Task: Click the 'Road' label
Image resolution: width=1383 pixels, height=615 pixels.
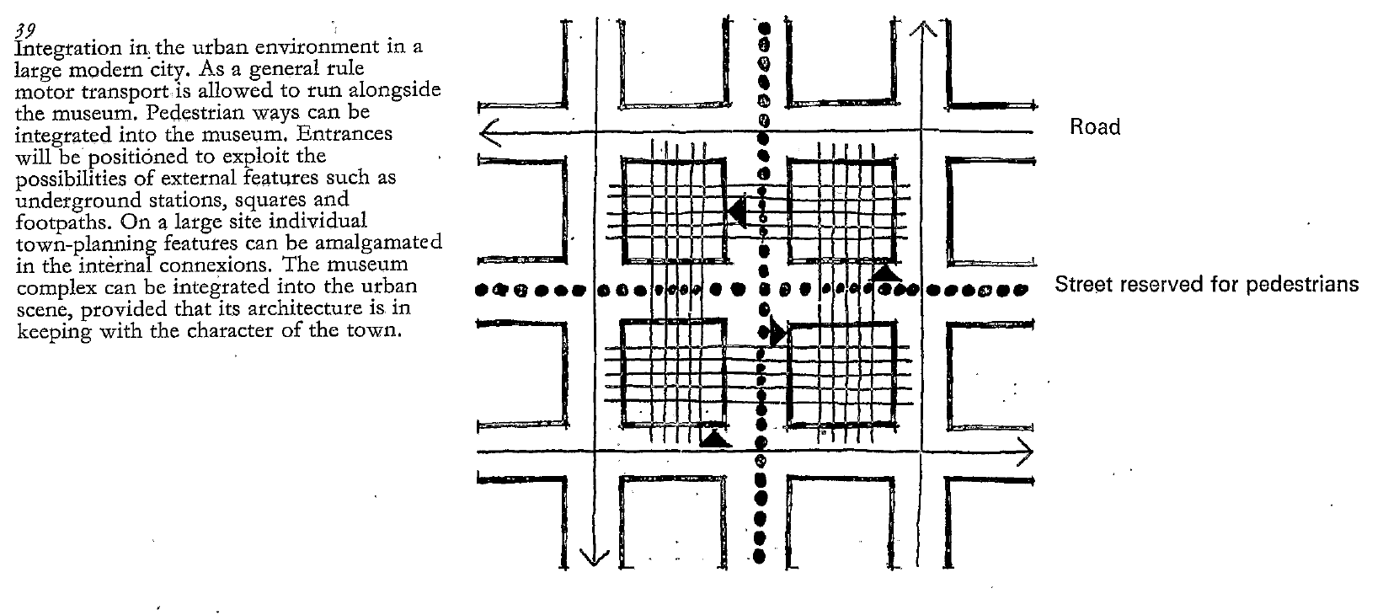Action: tap(1095, 127)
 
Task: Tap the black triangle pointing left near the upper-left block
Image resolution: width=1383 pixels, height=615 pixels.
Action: tap(738, 211)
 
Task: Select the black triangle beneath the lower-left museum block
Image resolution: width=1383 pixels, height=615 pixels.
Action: tap(714, 437)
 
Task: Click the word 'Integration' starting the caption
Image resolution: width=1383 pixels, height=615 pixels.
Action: tap(55, 49)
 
